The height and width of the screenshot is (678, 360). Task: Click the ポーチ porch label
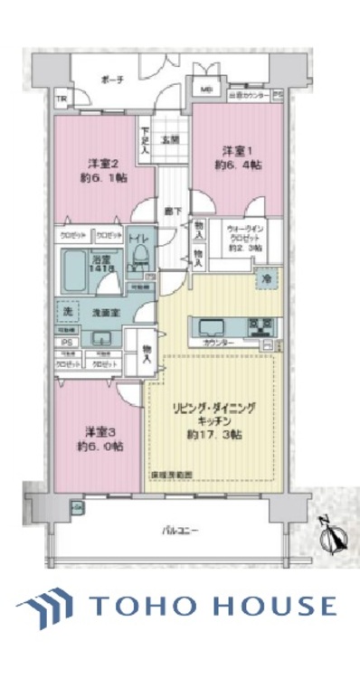[x=113, y=80]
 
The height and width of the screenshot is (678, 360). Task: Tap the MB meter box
[x=206, y=89]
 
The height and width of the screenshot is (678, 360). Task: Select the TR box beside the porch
[x=61, y=99]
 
